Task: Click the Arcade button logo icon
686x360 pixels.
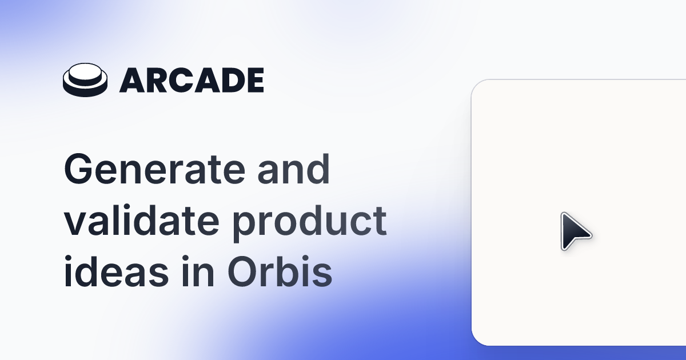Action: pyautogui.click(x=85, y=81)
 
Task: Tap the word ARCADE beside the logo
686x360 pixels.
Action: pyautogui.click(x=192, y=81)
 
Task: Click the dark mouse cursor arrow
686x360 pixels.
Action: pyautogui.click(x=573, y=231)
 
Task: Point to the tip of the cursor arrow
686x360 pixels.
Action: pyautogui.click(x=563, y=214)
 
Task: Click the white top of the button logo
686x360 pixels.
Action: pyautogui.click(x=85, y=75)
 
